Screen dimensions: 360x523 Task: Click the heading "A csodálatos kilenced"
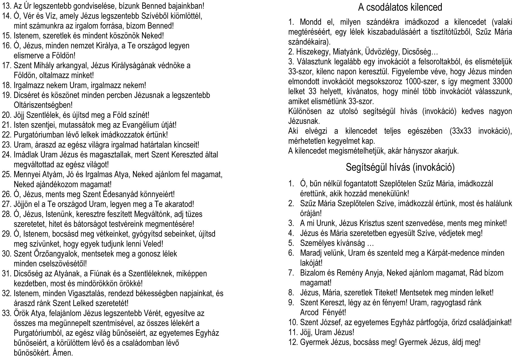(x=400, y=7)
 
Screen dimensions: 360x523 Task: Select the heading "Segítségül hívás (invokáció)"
(x=400, y=167)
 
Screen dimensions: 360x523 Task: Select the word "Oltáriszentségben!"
(x=43, y=105)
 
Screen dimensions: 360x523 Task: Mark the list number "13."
(x=6, y=6)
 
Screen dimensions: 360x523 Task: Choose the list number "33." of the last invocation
(x=6, y=313)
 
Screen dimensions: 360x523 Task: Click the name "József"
(x=330, y=322)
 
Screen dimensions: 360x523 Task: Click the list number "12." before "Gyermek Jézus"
(x=293, y=342)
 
